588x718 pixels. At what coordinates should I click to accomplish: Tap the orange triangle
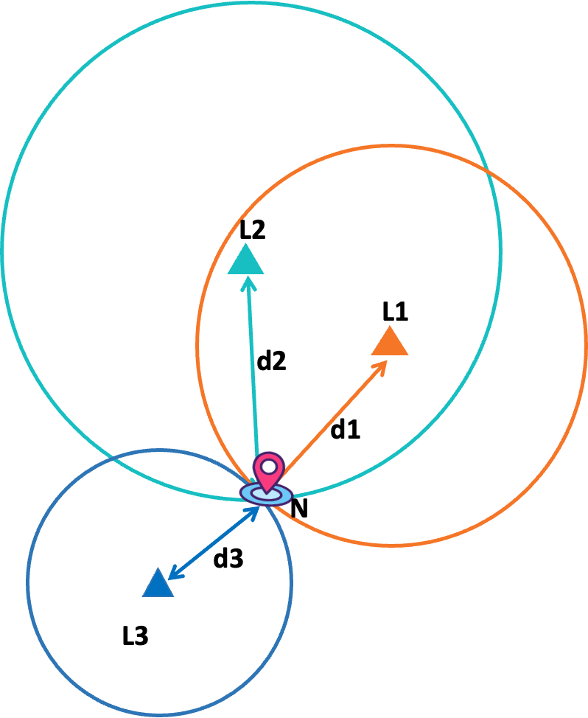pos(390,343)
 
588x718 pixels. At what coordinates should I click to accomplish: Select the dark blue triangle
pos(158,584)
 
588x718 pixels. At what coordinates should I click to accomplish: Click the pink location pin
pos(268,472)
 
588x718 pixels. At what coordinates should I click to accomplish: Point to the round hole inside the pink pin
pos(268,466)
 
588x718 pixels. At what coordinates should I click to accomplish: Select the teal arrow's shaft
pos(252,369)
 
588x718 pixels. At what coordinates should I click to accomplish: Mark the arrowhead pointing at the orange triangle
pos(380,366)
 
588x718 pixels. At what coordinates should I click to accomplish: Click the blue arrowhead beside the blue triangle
pos(174,573)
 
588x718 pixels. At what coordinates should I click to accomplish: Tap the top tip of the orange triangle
pos(390,327)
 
